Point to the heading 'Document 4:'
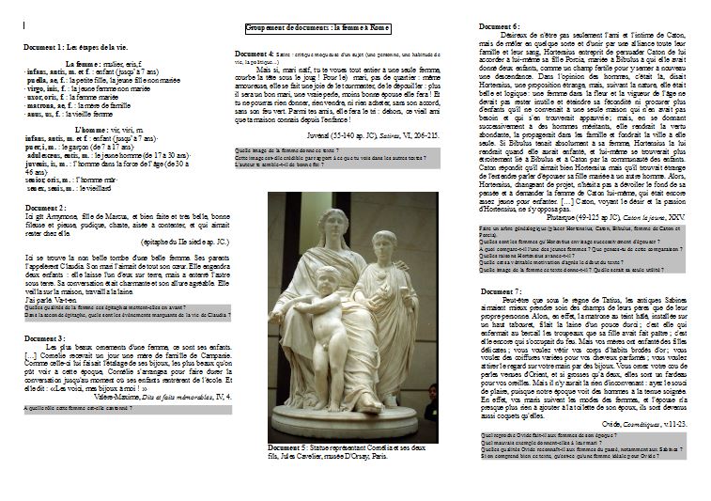pyautogui.click(x=254, y=53)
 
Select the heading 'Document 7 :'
pyautogui.click(x=500, y=292)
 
